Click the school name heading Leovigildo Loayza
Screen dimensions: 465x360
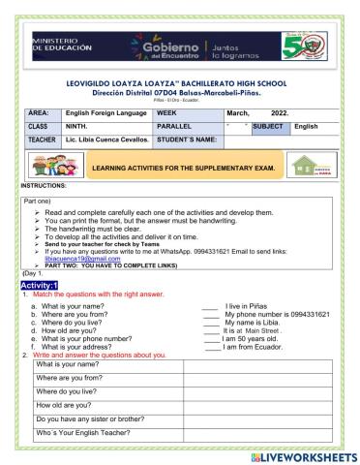coord(180,85)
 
